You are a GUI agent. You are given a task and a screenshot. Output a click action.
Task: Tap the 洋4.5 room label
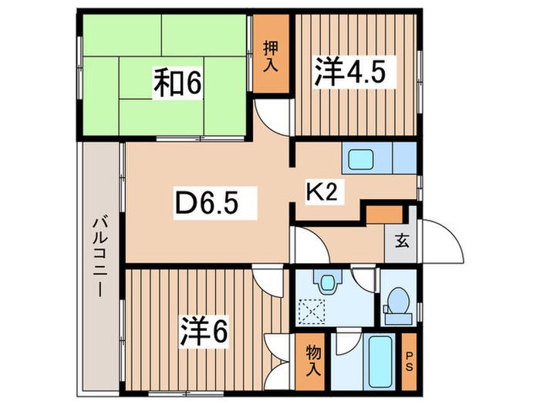[349, 71]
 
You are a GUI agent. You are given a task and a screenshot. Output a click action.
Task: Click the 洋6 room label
[204, 331]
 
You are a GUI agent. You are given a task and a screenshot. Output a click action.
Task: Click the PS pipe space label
[409, 361]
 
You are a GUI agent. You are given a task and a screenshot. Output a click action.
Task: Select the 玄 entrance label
[402, 241]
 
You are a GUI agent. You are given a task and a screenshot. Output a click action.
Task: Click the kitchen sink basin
[360, 160]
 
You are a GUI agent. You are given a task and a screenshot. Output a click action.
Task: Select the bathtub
[380, 362]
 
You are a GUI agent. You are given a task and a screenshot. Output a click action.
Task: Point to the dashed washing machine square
[312, 312]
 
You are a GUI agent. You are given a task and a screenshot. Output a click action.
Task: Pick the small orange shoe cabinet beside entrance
[384, 214]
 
